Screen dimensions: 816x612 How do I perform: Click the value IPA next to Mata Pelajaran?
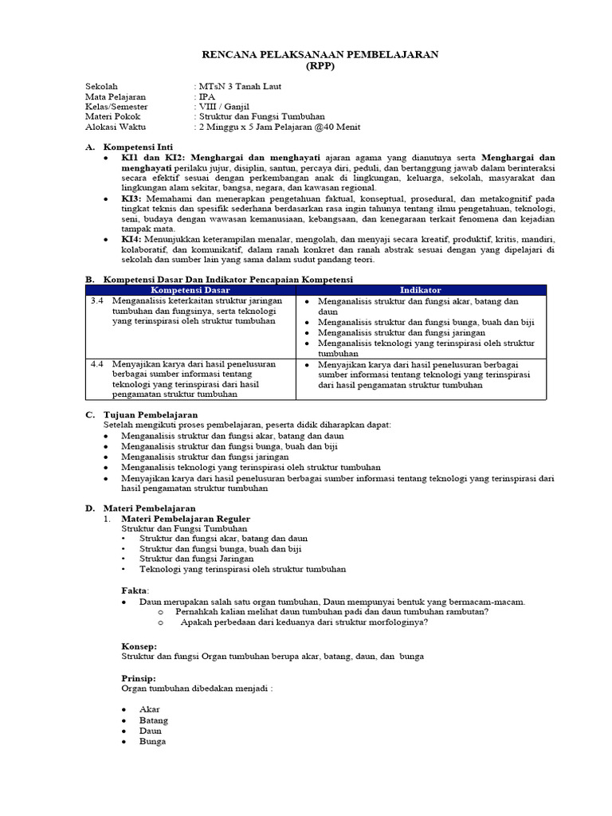[x=208, y=96]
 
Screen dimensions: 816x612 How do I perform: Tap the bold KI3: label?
[x=131, y=198]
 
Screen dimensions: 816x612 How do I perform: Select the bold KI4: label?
[x=131, y=240]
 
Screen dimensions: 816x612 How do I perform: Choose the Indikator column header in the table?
[x=422, y=290]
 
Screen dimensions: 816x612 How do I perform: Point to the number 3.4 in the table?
[x=97, y=301]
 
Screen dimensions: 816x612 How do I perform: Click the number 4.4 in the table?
[x=97, y=363]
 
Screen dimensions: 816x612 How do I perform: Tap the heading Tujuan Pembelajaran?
[x=151, y=414]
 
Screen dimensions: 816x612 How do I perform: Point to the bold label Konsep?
[x=139, y=645]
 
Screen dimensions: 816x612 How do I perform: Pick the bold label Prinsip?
[x=139, y=677]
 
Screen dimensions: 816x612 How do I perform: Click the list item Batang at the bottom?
[x=154, y=720]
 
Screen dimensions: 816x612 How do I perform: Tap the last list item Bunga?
[x=153, y=741]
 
